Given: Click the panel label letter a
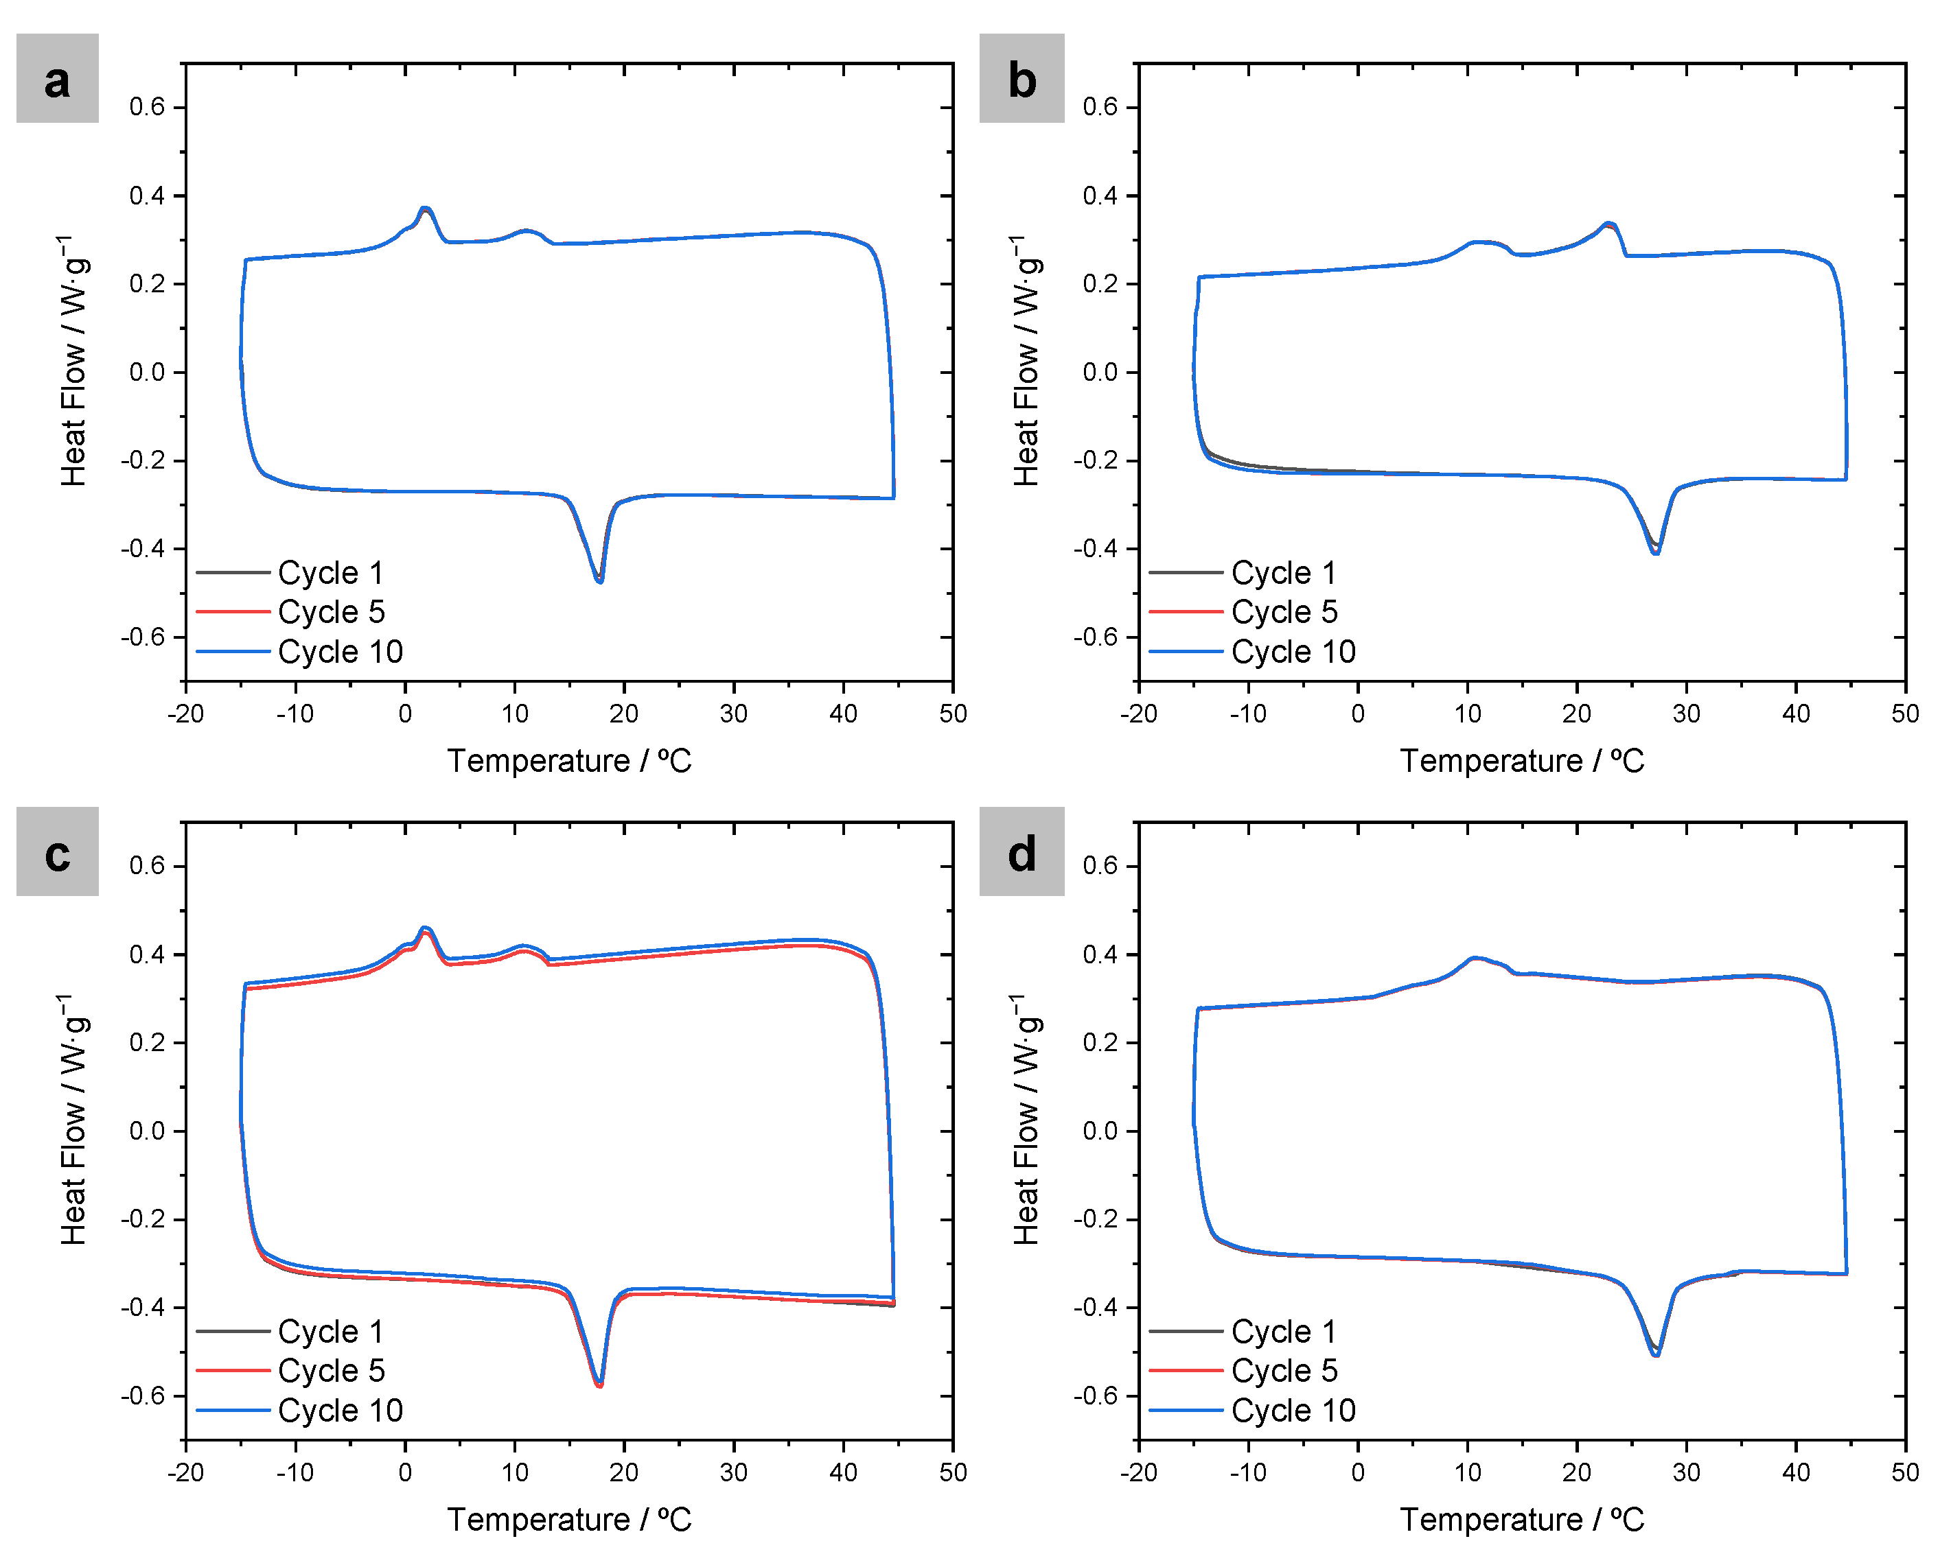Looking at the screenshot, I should pos(57,80).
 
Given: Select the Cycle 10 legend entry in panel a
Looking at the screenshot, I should pos(339,651).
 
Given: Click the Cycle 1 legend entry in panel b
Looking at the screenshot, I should pos(1283,573).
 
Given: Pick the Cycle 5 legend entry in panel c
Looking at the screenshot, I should pos(330,1371).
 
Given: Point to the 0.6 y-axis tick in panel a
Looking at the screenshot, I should pos(147,107).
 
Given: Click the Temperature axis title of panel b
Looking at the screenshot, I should pos(1521,761).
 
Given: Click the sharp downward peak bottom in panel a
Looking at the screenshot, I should pos(600,580).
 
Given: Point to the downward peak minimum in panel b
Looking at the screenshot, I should pos(1655,552).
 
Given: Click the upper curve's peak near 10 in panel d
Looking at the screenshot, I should pos(1476,958).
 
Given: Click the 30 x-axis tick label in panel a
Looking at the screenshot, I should pos(733,714).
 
